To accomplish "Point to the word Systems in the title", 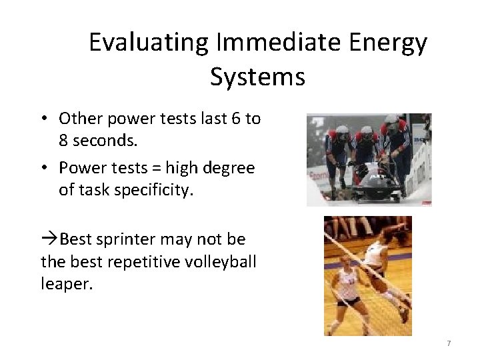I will pos(257,77).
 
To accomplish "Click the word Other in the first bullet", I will pos(77,119).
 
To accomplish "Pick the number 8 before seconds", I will pos(65,141).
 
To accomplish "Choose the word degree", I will pos(230,169).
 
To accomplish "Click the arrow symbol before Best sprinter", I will pos(50,239).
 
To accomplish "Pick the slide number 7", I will pos(449,343).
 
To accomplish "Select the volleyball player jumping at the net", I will pos(381,267).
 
